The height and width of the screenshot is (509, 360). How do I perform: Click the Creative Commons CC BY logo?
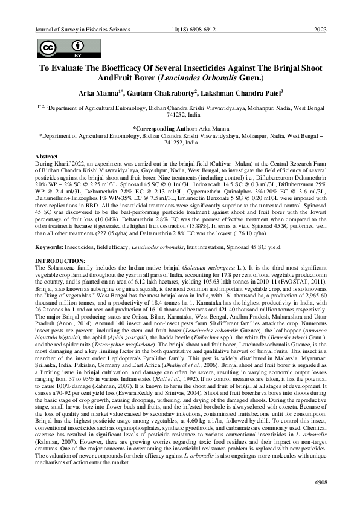(61, 48)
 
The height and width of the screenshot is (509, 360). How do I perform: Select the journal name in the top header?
(80, 30)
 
